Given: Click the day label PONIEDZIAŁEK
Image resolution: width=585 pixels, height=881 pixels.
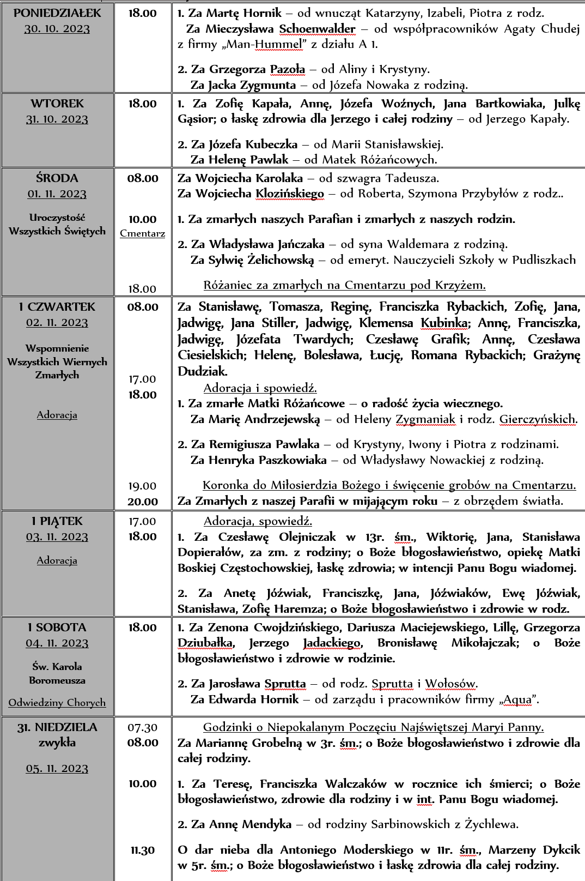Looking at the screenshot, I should (57, 13).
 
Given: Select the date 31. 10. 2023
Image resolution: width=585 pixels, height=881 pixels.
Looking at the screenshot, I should (57, 119).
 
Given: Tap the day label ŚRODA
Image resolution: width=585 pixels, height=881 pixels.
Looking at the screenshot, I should (57, 178).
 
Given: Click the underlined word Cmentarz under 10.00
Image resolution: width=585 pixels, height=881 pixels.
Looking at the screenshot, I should (143, 234).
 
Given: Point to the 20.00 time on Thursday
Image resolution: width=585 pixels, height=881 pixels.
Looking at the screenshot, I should (143, 502).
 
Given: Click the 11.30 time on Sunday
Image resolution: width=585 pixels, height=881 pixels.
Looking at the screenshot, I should (143, 850).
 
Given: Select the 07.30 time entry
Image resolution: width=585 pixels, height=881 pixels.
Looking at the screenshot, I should (143, 727).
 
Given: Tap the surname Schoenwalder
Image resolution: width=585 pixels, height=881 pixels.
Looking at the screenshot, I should (317, 29).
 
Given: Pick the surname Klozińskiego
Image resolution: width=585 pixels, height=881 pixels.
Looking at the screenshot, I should (289, 194).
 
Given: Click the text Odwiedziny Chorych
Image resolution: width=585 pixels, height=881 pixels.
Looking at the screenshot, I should (57, 703).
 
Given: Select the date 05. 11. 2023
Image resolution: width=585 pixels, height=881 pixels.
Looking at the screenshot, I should (57, 769).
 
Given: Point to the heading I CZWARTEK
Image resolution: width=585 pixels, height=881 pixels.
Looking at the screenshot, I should (57, 307).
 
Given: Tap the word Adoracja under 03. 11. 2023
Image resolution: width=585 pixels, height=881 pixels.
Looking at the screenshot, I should (57, 560).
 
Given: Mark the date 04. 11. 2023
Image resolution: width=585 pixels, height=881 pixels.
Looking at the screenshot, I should (57, 643).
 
